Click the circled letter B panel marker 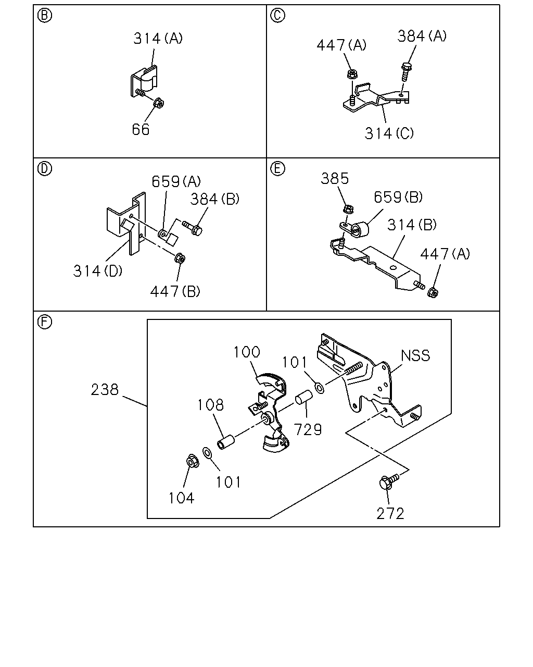(x=45, y=16)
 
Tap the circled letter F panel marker (x=45, y=322)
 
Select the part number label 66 (x=141, y=129)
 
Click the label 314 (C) (x=389, y=133)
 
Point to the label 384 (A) (x=422, y=36)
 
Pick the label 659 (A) (x=176, y=181)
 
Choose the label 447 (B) (x=175, y=291)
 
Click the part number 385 (x=335, y=179)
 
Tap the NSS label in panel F (x=415, y=355)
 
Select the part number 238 (x=105, y=390)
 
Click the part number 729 (x=308, y=429)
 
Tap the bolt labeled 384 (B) (x=193, y=228)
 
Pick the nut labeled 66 (x=159, y=103)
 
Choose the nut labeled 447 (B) (x=180, y=258)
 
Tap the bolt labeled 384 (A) (x=405, y=71)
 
